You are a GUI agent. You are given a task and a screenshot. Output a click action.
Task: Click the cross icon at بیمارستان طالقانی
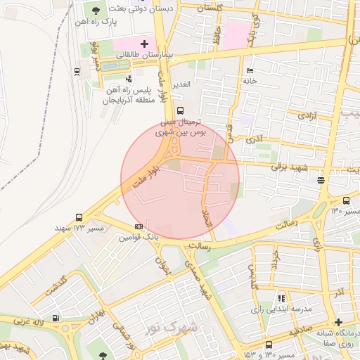(145, 44)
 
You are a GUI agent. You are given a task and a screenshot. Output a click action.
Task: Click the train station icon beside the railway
(76, 71)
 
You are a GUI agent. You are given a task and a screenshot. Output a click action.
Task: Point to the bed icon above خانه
(250, 70)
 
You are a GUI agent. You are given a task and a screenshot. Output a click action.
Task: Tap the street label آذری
(253, 139)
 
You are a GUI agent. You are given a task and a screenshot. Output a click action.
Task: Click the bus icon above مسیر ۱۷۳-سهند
(78, 218)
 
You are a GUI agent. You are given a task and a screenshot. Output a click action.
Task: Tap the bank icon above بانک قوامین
(139, 226)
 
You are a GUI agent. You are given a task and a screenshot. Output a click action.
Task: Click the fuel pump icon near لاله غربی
(66, 326)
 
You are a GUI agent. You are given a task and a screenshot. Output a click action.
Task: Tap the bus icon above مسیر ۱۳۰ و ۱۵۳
(269, 345)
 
